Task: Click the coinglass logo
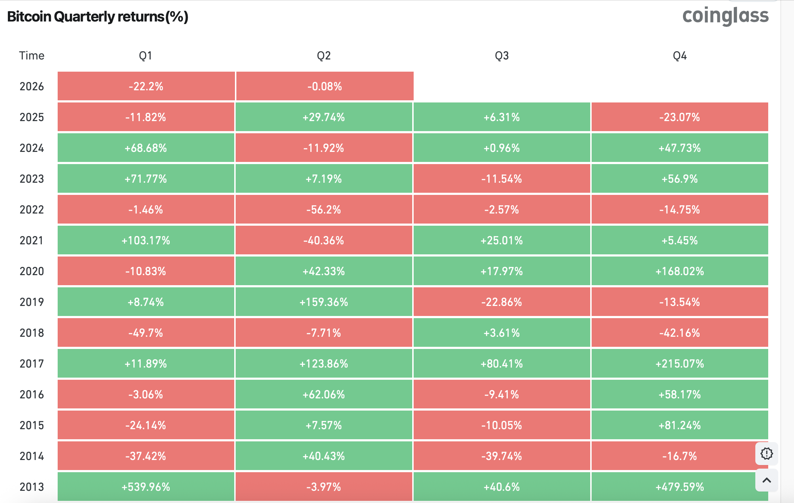coord(725,16)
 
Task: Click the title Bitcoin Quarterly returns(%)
coord(98,17)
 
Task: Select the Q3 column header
coord(501,56)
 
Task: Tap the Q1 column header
coord(145,56)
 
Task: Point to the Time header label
coord(32,56)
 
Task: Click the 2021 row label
coord(32,240)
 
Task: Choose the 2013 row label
coord(32,487)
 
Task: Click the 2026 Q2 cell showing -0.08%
coord(324,86)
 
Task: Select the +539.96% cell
coord(146,487)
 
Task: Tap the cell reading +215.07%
coord(679,364)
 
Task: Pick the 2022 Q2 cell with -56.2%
coord(324,210)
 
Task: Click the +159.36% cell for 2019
coord(324,302)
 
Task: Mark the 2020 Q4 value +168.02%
coord(679,271)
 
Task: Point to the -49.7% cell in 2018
coord(146,333)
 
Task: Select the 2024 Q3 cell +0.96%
coord(501,148)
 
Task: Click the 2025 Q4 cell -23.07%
coord(679,117)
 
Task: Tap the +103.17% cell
coord(146,240)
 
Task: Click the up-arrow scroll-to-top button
coord(766,480)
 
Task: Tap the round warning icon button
coord(766,454)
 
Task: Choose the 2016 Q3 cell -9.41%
coord(501,394)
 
